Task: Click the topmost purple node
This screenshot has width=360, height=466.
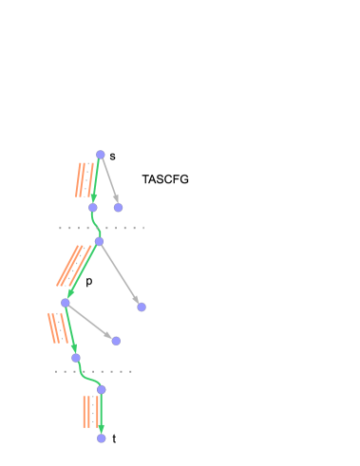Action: pyautogui.click(x=100, y=155)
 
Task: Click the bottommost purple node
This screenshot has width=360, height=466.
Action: pyautogui.click(x=101, y=438)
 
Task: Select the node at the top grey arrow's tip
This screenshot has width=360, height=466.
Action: pyautogui.click(x=118, y=207)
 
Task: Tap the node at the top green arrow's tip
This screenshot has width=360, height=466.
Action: pyautogui.click(x=92, y=207)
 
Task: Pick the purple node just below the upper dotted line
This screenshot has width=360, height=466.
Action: pyautogui.click(x=98, y=242)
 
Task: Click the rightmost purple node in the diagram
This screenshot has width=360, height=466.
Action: pyautogui.click(x=142, y=307)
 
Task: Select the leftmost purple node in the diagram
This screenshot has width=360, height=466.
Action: pyautogui.click(x=65, y=303)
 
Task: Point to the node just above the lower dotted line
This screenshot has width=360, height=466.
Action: pyautogui.click(x=76, y=358)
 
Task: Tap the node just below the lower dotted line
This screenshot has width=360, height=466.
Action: pyautogui.click(x=101, y=389)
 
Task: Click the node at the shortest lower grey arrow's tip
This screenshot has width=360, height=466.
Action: pyautogui.click(x=116, y=341)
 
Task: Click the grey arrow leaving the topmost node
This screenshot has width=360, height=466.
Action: pyautogui.click(x=109, y=180)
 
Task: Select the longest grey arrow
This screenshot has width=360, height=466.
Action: pyautogui.click(x=120, y=274)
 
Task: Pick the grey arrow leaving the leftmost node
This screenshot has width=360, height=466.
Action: pyautogui.click(x=90, y=322)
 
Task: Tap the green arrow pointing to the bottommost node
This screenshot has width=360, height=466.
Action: pyautogui.click(x=101, y=414)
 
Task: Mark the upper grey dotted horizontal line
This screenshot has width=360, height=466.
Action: pyautogui.click(x=102, y=228)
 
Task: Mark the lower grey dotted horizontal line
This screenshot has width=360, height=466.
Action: pyautogui.click(x=93, y=371)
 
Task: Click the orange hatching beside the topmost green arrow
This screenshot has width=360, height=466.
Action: pyautogui.click(x=85, y=180)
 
